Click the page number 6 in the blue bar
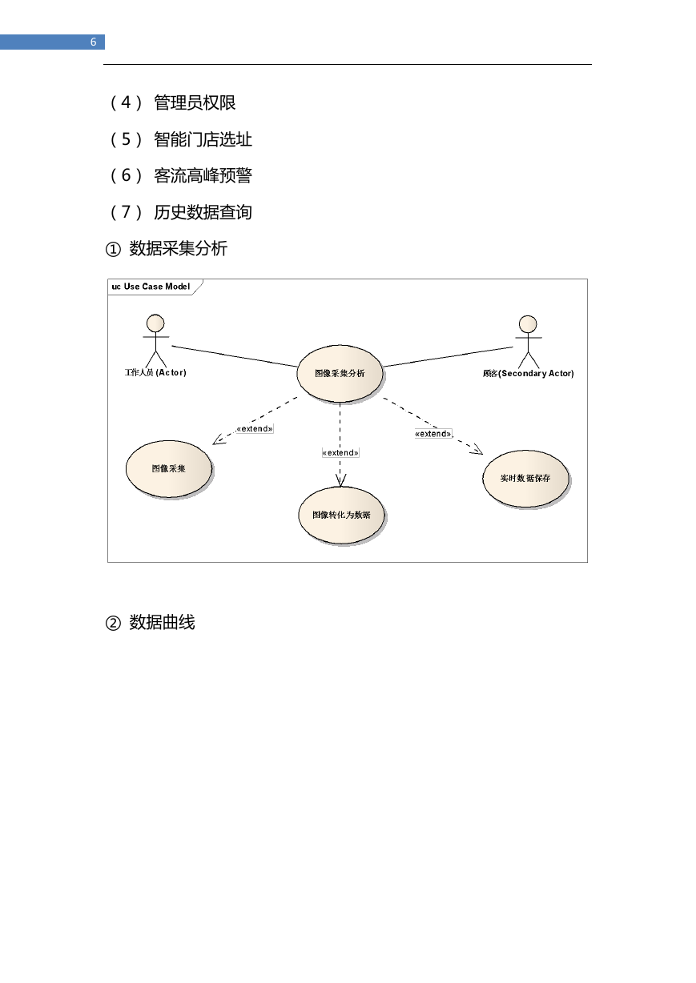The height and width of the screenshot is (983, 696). click(x=93, y=42)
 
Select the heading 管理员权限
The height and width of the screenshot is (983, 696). click(x=195, y=102)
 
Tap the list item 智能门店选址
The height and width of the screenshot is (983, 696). click(x=203, y=139)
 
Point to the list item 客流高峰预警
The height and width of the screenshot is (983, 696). click(x=203, y=175)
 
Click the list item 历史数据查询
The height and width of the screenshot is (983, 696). click(x=203, y=212)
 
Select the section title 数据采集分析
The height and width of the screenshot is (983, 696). click(x=179, y=249)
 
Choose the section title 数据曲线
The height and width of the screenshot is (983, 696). click(x=162, y=623)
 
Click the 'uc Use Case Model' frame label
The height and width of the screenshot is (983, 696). click(x=151, y=287)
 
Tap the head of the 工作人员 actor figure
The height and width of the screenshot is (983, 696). click(x=155, y=323)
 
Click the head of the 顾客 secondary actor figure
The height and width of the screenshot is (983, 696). click(x=527, y=324)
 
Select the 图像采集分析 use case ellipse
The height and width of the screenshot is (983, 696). click(x=340, y=374)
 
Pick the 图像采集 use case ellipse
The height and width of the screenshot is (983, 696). click(x=169, y=468)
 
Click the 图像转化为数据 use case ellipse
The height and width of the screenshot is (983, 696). click(x=341, y=516)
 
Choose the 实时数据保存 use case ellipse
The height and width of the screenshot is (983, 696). click(x=525, y=479)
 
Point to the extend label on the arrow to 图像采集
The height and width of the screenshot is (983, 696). click(x=255, y=429)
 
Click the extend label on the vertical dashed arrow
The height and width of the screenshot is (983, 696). click(x=340, y=452)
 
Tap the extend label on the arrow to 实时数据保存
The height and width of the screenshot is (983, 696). click(x=433, y=434)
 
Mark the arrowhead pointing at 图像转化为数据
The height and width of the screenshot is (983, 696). click(x=340, y=481)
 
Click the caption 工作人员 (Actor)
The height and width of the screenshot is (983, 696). click(x=155, y=372)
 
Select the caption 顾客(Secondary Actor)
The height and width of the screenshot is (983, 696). click(x=528, y=374)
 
